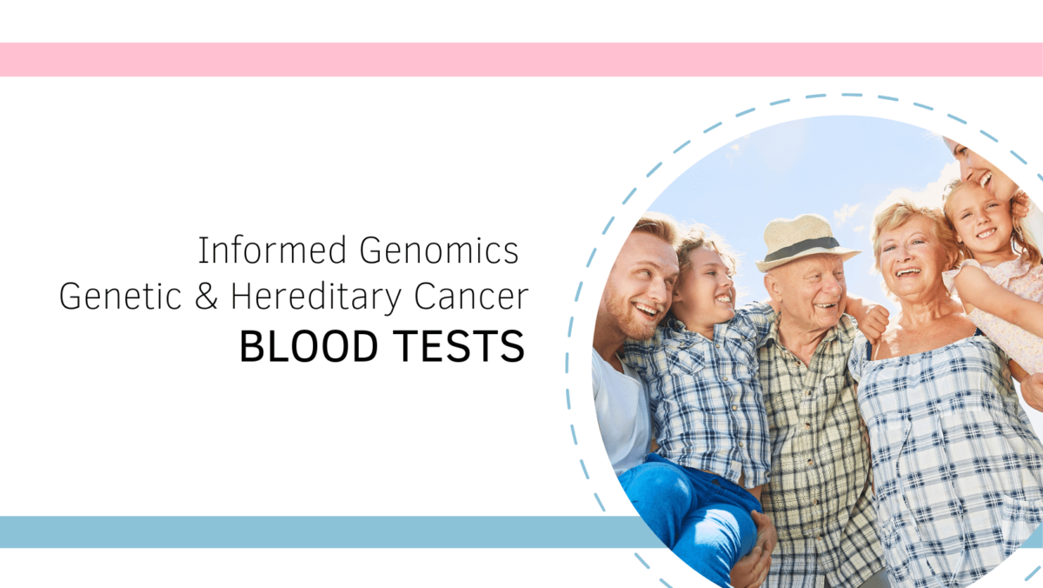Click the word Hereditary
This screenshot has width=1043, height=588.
(x=319, y=297)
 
